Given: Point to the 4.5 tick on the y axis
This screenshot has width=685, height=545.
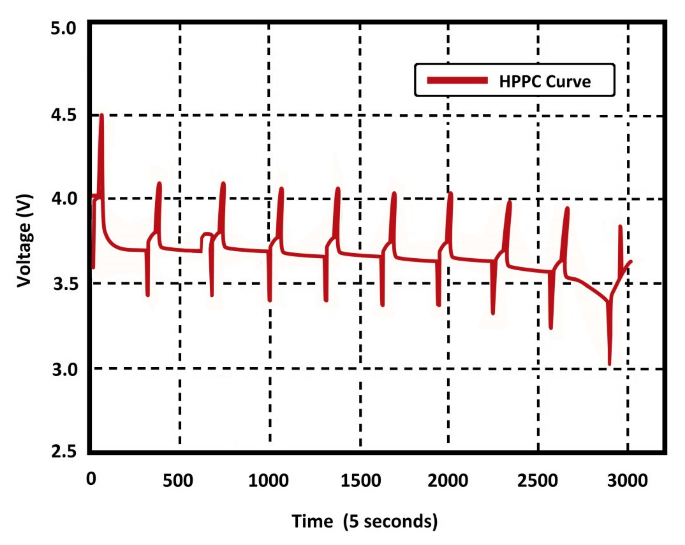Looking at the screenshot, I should [64, 115].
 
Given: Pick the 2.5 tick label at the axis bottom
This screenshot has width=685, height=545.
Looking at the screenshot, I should [64, 451].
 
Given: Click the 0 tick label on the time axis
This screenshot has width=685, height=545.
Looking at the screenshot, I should [91, 479].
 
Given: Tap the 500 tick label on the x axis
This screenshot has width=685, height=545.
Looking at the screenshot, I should [178, 481].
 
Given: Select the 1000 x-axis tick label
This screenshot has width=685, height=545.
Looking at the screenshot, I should [268, 481].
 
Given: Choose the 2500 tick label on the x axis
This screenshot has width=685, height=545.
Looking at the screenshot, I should [537, 481].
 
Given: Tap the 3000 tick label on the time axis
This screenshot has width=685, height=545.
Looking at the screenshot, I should [627, 481].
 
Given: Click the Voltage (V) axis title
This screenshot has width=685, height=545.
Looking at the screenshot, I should [24, 241].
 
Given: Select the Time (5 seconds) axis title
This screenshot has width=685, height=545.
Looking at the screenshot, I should [364, 521].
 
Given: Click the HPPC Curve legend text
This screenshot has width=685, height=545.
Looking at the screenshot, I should [544, 82].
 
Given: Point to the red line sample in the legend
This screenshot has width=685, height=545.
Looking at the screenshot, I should [457, 80].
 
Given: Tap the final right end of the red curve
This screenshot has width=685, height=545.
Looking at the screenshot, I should [631, 262].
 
